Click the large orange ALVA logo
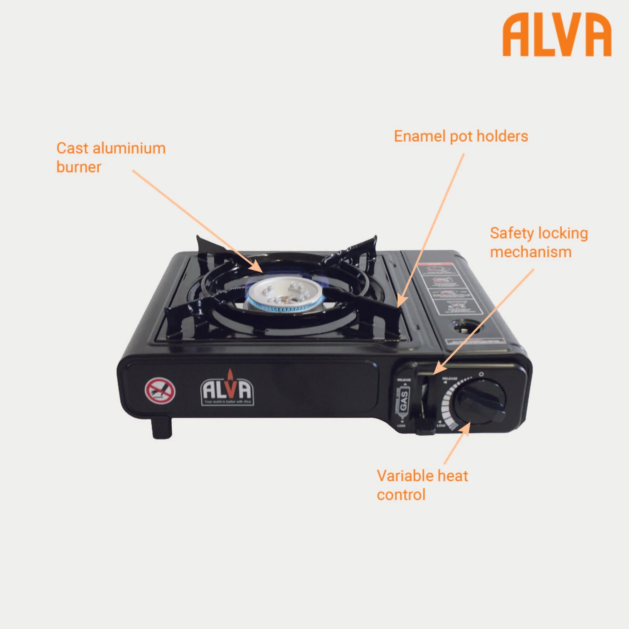pos(557,35)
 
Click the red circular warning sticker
pos(160,391)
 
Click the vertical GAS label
pos(404,401)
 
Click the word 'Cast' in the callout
pos(72,148)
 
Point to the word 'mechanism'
pos(531,252)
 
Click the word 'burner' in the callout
pos(79,167)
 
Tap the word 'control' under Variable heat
pos(401,494)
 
